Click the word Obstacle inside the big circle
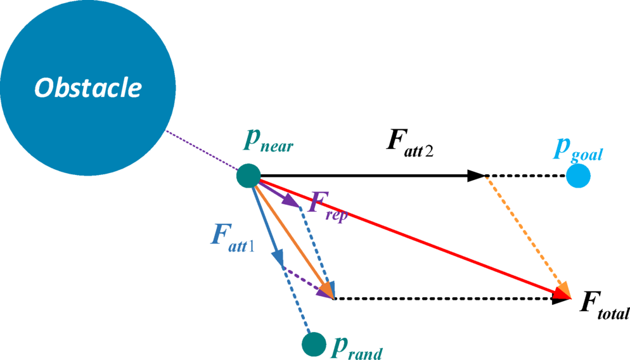point(88,87)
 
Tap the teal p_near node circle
point(248,176)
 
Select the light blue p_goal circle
point(578,176)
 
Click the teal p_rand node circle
point(314,344)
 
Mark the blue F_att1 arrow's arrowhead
point(278,257)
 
